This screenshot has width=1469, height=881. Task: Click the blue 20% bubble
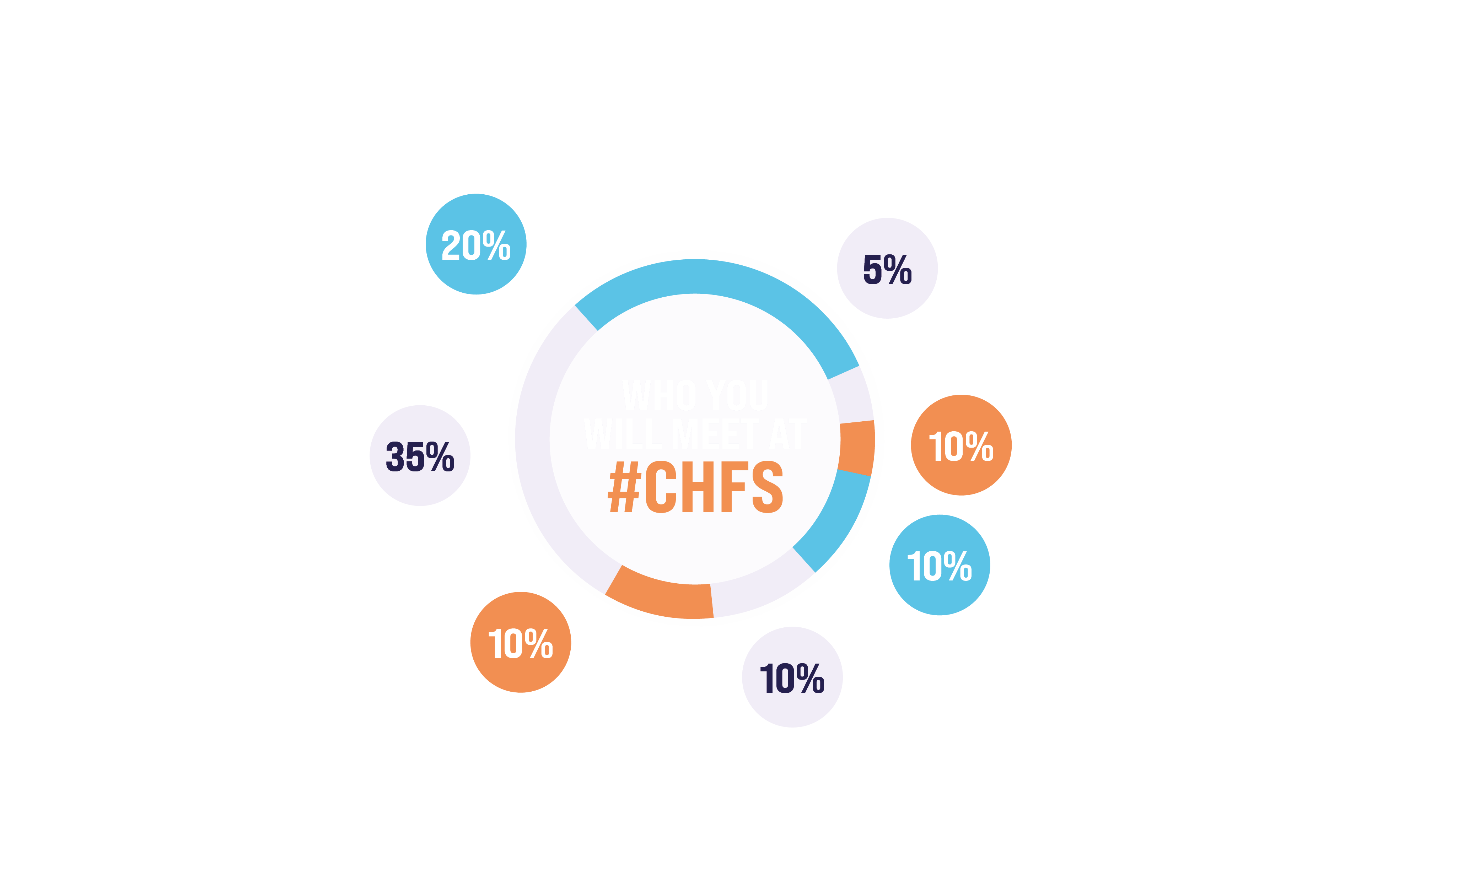coord(475,244)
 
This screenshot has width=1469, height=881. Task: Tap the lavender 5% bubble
coord(887,268)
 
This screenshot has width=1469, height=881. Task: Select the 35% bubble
coord(420,455)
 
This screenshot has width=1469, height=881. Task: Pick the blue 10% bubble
coord(939,564)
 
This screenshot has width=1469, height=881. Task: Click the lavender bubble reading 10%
coord(792,677)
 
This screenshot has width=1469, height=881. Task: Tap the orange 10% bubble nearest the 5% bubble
coord(961,445)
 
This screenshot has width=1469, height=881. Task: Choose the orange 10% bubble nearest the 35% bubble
coord(520,642)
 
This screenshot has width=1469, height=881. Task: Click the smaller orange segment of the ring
coord(857,447)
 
